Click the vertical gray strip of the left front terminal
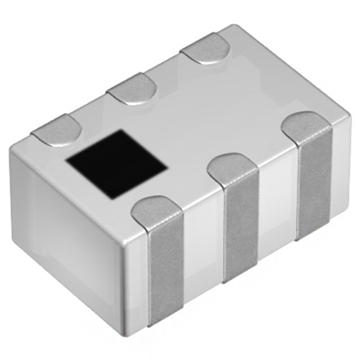(166, 270)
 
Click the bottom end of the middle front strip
(241, 276)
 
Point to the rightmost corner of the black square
(166, 167)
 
